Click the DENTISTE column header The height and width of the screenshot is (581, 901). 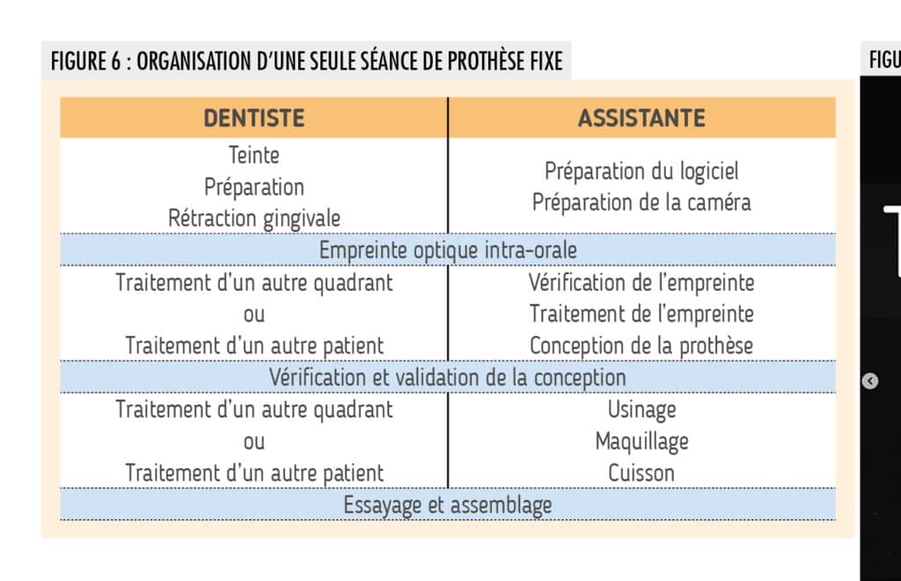254,118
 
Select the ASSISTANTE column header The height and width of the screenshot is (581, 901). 641,118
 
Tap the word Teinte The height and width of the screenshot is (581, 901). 254,155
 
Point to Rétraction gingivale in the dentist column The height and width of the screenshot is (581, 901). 254,219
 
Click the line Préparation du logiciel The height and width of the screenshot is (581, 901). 641,171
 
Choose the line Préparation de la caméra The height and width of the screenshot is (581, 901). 641,203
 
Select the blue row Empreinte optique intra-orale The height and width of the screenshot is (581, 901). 448,251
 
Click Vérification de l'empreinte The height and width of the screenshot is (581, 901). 641,282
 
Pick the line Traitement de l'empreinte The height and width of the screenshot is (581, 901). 641,314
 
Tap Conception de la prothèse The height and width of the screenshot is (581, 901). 641,346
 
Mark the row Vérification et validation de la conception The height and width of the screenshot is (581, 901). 448,378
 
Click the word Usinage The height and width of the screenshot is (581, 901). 641,410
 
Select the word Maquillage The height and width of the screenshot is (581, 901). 641,442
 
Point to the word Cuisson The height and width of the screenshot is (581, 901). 641,474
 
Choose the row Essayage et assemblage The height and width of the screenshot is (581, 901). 448,505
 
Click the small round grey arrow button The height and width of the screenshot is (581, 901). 870,381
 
